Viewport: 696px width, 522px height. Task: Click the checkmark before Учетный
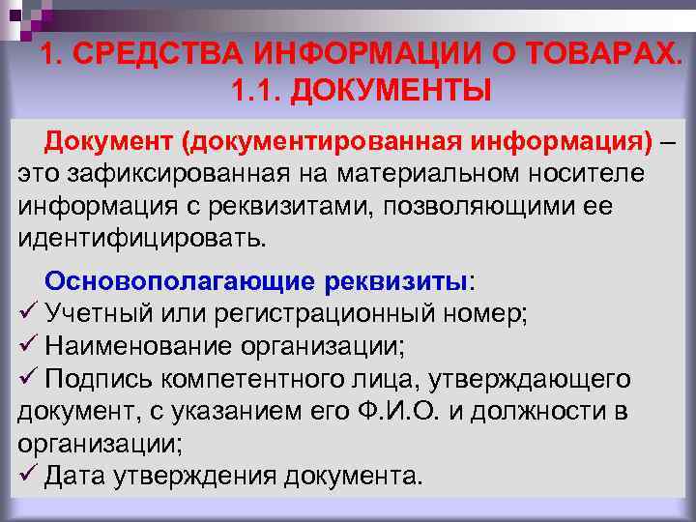tap(27, 313)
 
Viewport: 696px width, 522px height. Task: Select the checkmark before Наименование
tap(27, 346)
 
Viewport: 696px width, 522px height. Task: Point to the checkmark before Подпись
tap(27, 378)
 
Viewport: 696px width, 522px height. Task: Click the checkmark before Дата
tap(27, 476)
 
